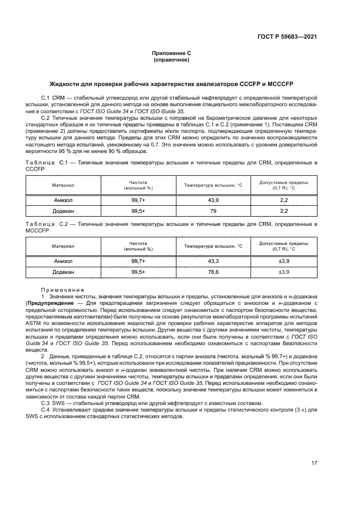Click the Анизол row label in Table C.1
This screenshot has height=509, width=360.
(63, 200)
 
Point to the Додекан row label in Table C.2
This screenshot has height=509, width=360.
(63, 272)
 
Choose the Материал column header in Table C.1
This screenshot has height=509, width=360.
(63, 185)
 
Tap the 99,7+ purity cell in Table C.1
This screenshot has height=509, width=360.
(138, 200)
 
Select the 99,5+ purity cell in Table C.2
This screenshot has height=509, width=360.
(138, 272)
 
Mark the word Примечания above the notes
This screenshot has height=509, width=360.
(62, 290)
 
